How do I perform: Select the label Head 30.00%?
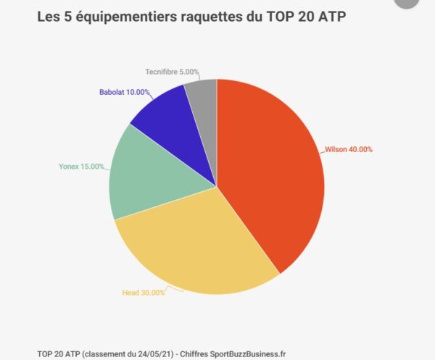[x=143, y=293]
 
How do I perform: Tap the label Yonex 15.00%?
[x=80, y=166]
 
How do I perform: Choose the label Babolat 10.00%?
[x=125, y=92]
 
